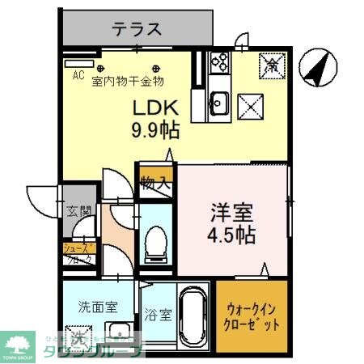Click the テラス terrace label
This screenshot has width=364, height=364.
[x=138, y=30]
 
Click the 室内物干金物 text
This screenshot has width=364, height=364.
[x=128, y=80]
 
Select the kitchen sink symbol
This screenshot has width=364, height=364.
[x=220, y=102]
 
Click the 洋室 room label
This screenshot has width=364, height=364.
[x=232, y=215]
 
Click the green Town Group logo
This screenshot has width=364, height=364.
[x=19, y=345]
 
